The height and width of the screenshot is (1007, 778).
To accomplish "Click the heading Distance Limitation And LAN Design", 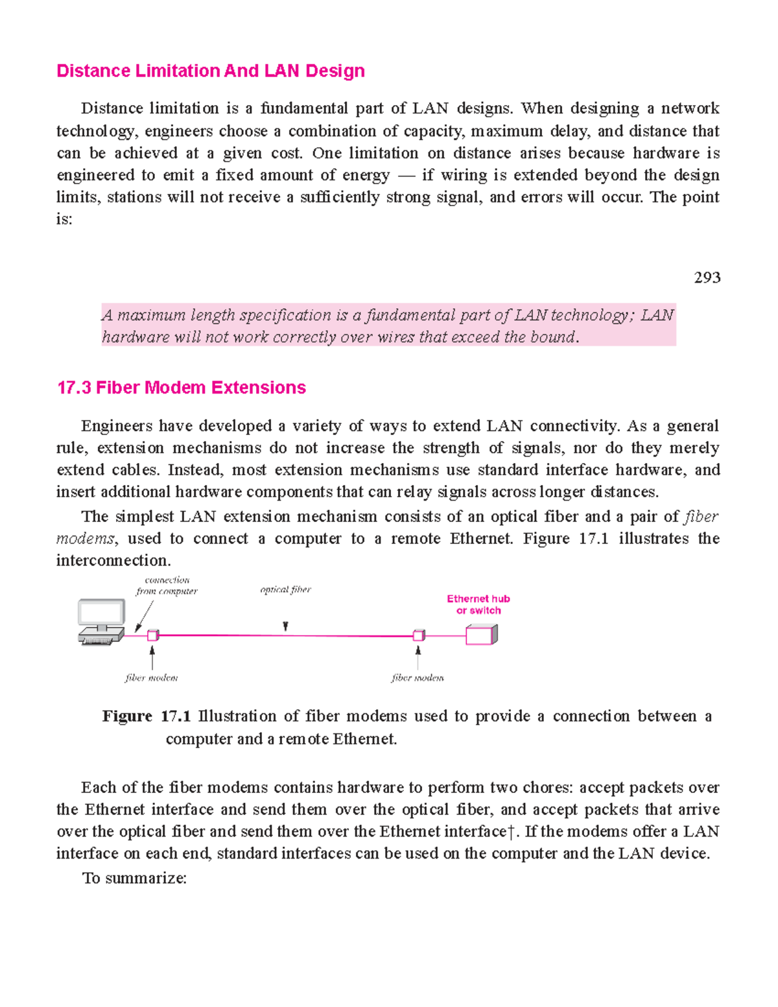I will tap(210, 71).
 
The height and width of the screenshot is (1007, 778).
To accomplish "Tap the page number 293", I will tap(707, 278).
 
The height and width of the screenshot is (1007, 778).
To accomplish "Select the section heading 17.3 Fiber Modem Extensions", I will tap(181, 388).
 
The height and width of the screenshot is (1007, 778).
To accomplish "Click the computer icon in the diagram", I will tap(101, 622).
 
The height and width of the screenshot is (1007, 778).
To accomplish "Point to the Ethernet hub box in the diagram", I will tap(481, 635).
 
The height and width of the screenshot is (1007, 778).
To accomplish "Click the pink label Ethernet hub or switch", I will tap(478, 604).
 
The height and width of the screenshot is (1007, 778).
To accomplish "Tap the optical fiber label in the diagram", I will tap(285, 589).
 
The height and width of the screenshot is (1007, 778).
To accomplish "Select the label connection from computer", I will tap(167, 586).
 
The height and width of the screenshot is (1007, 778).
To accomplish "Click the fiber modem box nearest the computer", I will tap(152, 635).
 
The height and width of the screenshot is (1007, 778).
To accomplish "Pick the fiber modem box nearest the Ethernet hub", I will tap(419, 635).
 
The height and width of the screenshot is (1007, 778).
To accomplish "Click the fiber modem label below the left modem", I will tap(151, 678).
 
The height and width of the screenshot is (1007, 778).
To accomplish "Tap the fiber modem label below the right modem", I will tap(418, 678).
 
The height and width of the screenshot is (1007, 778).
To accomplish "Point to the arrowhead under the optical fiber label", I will tap(285, 627).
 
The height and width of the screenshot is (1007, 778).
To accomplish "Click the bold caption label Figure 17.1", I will tap(146, 717).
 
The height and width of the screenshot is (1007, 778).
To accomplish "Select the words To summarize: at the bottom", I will tap(134, 878).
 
